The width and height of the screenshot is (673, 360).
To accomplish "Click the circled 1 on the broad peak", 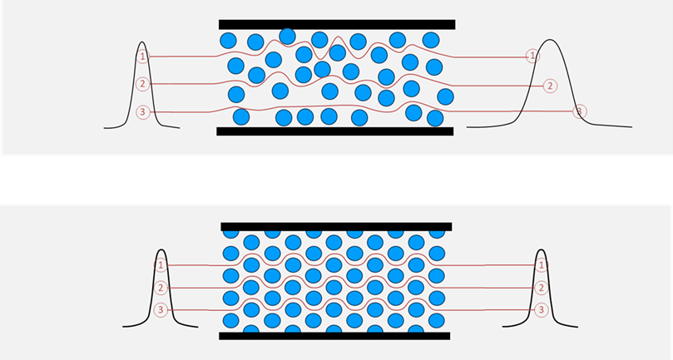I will pyautogui.click(x=532, y=56).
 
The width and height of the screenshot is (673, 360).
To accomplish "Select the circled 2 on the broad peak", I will pyautogui.click(x=549, y=85).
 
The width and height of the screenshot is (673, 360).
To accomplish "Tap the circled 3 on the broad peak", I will pyautogui.click(x=580, y=111).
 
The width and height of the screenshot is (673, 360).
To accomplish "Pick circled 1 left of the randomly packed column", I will pyautogui.click(x=143, y=57).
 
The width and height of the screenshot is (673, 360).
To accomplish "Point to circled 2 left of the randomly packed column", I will pyautogui.click(x=143, y=84).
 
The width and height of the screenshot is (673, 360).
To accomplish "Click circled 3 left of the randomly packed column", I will pyautogui.click(x=143, y=112).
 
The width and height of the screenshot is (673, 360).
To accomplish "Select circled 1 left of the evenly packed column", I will pyautogui.click(x=161, y=265).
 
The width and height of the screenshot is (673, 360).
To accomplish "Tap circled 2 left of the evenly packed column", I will pyautogui.click(x=161, y=288).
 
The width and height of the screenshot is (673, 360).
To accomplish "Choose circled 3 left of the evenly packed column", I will pyautogui.click(x=161, y=310).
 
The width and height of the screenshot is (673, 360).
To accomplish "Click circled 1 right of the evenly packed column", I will pyautogui.click(x=542, y=265).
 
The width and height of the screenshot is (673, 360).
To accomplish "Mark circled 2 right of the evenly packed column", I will pyautogui.click(x=542, y=288).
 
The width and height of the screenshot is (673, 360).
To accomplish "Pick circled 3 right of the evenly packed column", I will pyautogui.click(x=542, y=310).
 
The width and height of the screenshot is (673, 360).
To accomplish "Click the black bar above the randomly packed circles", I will pyautogui.click(x=336, y=24).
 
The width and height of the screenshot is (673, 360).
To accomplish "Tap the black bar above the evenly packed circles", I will pyautogui.click(x=336, y=226).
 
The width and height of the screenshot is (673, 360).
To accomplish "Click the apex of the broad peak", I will pyautogui.click(x=551, y=40).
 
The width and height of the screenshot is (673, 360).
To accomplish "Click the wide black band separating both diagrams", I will pyautogui.click(x=336, y=180).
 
